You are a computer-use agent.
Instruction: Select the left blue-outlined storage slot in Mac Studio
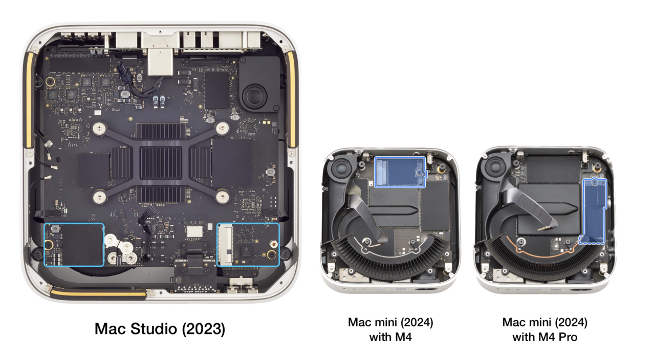tap(74, 244)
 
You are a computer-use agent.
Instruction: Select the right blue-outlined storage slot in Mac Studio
tap(248, 244)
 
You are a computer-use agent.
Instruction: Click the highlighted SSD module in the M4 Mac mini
tap(400, 172)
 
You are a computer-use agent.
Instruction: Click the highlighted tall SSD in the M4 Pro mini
tap(595, 210)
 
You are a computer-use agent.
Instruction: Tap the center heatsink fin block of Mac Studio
tap(161, 162)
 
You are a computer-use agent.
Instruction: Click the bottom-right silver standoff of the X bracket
tap(222, 196)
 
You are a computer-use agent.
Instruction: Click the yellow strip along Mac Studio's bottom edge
tap(97, 293)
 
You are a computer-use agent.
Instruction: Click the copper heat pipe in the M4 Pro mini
tap(532, 251)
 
